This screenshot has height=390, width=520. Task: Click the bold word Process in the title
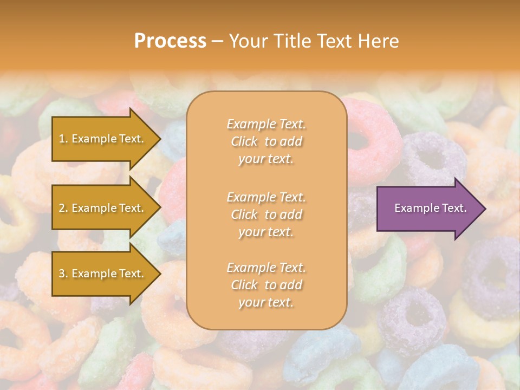click(170, 41)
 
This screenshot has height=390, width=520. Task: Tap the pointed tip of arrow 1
click(159, 139)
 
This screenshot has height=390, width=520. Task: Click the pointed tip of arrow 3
click(159, 274)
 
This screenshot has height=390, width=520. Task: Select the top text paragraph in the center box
click(266, 141)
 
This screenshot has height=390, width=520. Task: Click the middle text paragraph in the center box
click(266, 214)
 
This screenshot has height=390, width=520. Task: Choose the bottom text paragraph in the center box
click(266, 285)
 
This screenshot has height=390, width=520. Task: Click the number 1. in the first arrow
click(63, 139)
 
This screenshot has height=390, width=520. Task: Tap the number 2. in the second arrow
click(63, 208)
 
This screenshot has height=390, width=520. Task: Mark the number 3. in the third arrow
click(63, 274)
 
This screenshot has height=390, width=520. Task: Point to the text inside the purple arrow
click(430, 208)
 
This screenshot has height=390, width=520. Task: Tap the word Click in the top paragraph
click(244, 141)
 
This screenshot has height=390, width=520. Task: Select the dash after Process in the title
click(217, 41)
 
